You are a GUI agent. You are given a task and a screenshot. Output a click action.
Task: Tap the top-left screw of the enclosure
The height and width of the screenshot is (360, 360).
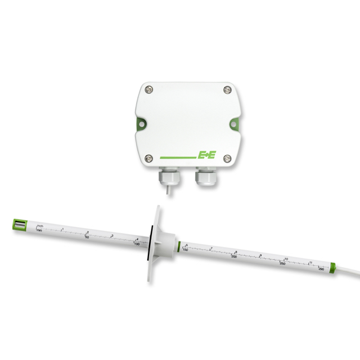148,88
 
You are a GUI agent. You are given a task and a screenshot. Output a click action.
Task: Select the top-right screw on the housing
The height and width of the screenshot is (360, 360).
226,89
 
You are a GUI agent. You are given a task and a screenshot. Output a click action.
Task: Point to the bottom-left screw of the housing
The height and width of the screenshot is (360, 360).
148,157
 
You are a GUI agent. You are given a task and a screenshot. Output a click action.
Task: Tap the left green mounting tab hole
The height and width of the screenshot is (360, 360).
138,123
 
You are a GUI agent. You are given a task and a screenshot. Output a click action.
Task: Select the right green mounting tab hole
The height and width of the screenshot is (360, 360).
236,123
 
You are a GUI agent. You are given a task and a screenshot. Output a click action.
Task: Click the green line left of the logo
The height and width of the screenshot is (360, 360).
177,156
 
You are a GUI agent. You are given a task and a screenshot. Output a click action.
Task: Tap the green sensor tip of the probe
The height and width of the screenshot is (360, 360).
17,226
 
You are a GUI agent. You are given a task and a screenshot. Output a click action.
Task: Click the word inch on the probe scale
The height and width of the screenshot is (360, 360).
39,226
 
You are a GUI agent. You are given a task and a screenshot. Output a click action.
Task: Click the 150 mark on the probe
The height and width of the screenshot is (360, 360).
186,250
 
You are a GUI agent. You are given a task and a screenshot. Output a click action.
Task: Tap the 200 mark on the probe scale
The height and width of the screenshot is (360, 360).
235,256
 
